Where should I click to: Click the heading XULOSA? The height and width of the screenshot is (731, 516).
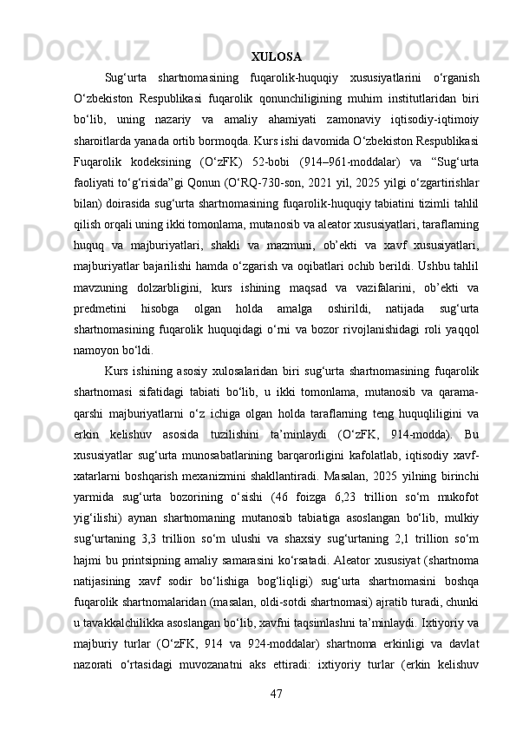coord(276,58)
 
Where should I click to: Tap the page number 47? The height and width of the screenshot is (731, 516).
coord(276,694)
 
